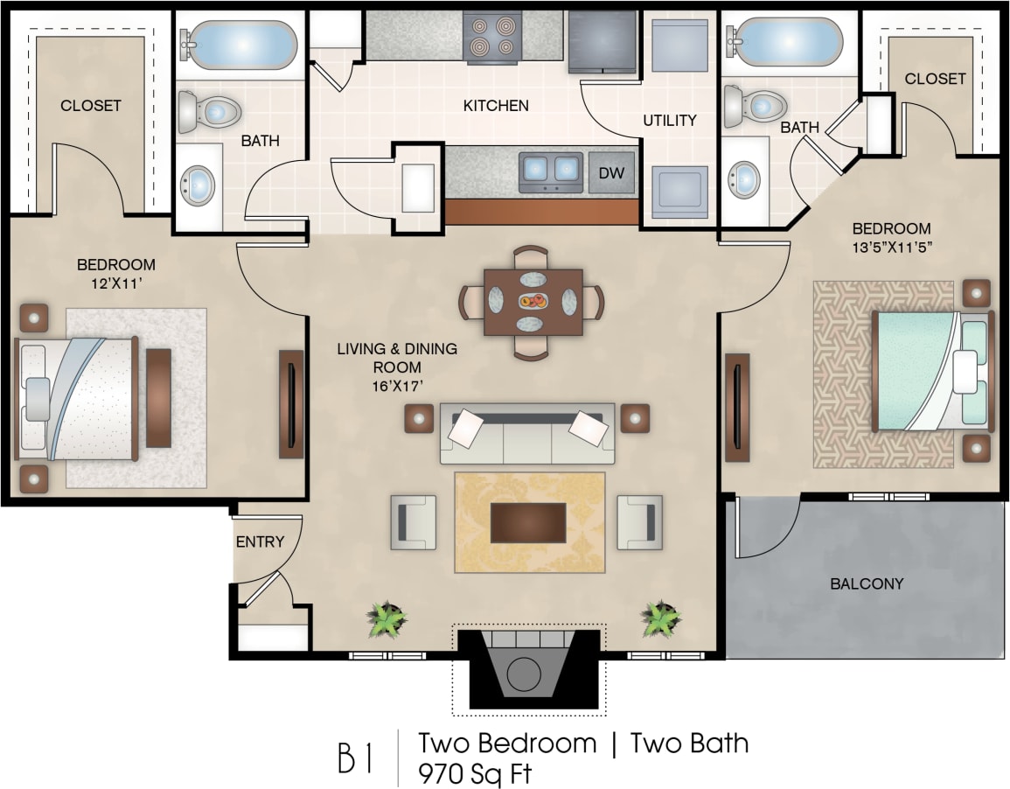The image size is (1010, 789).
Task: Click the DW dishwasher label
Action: [611, 172]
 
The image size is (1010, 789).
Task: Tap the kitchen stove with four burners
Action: [491, 38]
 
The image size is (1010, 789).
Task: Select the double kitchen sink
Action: [551, 171]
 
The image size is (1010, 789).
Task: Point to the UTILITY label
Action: [670, 120]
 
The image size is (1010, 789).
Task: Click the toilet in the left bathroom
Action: [209, 112]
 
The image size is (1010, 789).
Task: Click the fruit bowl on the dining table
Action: [533, 302]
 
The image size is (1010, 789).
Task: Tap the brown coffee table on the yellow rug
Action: [527, 522]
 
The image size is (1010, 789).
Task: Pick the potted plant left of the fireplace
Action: [387, 618]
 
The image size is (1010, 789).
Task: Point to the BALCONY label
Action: [867, 583]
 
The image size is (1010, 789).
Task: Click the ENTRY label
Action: [260, 541]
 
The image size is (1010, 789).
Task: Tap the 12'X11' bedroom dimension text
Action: [116, 283]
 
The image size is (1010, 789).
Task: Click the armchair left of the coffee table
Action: [413, 522]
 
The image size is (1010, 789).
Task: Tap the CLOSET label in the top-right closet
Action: [935, 79]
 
